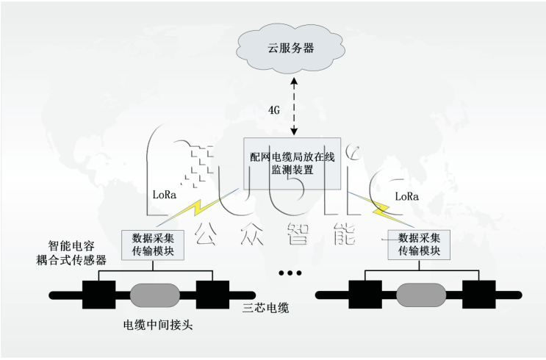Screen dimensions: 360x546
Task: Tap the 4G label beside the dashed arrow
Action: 273,109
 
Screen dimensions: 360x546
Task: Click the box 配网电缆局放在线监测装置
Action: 293,162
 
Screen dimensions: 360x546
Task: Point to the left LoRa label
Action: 162,196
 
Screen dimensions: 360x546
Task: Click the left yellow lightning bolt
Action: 196,209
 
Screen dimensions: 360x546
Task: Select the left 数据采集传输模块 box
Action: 153,244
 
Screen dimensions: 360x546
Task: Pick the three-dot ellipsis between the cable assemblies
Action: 290,273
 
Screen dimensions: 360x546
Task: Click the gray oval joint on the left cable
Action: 154,295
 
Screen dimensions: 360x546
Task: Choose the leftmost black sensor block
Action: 99,295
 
